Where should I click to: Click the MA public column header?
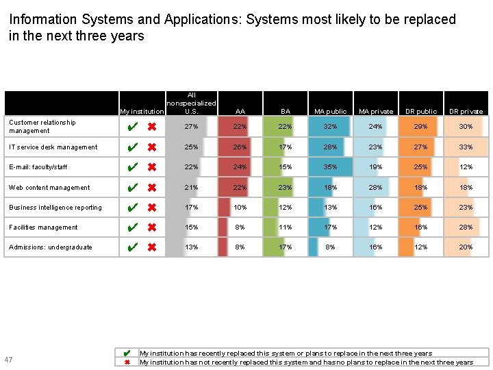330,111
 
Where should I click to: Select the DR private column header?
466,111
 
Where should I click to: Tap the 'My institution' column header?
142,111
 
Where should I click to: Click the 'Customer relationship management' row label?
42,127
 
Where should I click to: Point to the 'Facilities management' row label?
43,227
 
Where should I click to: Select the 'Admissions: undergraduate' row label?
50,247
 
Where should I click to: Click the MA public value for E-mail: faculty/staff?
330,167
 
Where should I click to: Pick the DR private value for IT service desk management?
466,147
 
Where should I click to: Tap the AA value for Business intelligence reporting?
240,208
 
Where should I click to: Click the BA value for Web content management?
285,188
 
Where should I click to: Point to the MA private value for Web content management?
375,188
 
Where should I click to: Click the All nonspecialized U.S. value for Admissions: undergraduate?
192,247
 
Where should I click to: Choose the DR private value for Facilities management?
466,227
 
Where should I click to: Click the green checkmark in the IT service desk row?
134,147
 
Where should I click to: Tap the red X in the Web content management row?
152,188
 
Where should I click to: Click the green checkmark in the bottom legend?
127,354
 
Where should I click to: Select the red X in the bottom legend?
127,362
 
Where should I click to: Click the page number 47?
8,360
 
